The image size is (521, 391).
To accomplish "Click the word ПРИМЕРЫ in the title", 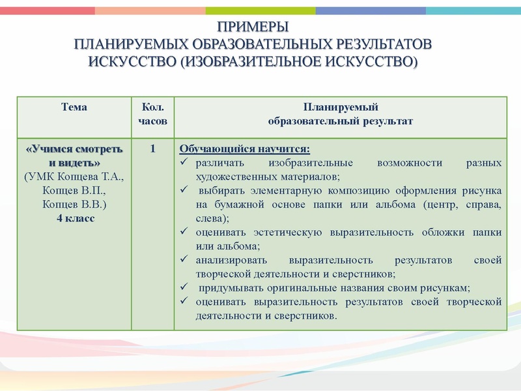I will pyautogui.click(x=253, y=27).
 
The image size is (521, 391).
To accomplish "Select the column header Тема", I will pyautogui.click(x=74, y=107).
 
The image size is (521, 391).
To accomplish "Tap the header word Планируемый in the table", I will pyautogui.click(x=341, y=107).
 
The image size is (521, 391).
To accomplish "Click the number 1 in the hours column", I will pyautogui.click(x=153, y=149).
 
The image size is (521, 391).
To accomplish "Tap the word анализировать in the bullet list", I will pyautogui.click(x=229, y=260).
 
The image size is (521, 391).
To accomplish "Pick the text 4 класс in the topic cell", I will pyautogui.click(x=74, y=218).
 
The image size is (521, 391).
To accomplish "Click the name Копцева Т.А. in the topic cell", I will pyautogui.click(x=94, y=177).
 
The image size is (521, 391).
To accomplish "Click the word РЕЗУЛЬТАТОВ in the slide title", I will pyautogui.click(x=382, y=44).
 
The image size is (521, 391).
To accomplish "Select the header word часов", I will pyautogui.click(x=153, y=121).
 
